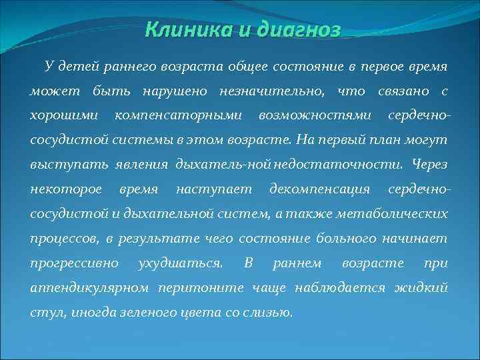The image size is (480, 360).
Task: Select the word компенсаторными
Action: pos(178,115)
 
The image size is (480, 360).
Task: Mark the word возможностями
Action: pos(315,115)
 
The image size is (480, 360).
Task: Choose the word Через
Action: pos(429,165)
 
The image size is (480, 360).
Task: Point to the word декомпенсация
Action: pos(320,189)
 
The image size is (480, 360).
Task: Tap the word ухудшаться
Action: pos(190,263)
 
